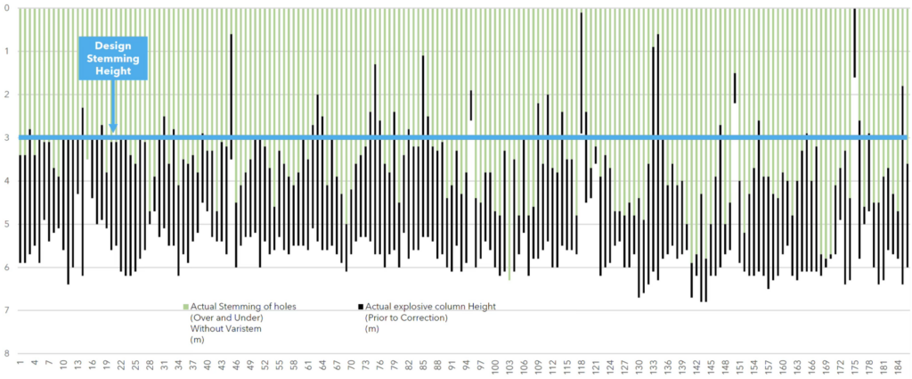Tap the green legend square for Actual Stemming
[x=185, y=306]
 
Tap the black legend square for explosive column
[x=360, y=306]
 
